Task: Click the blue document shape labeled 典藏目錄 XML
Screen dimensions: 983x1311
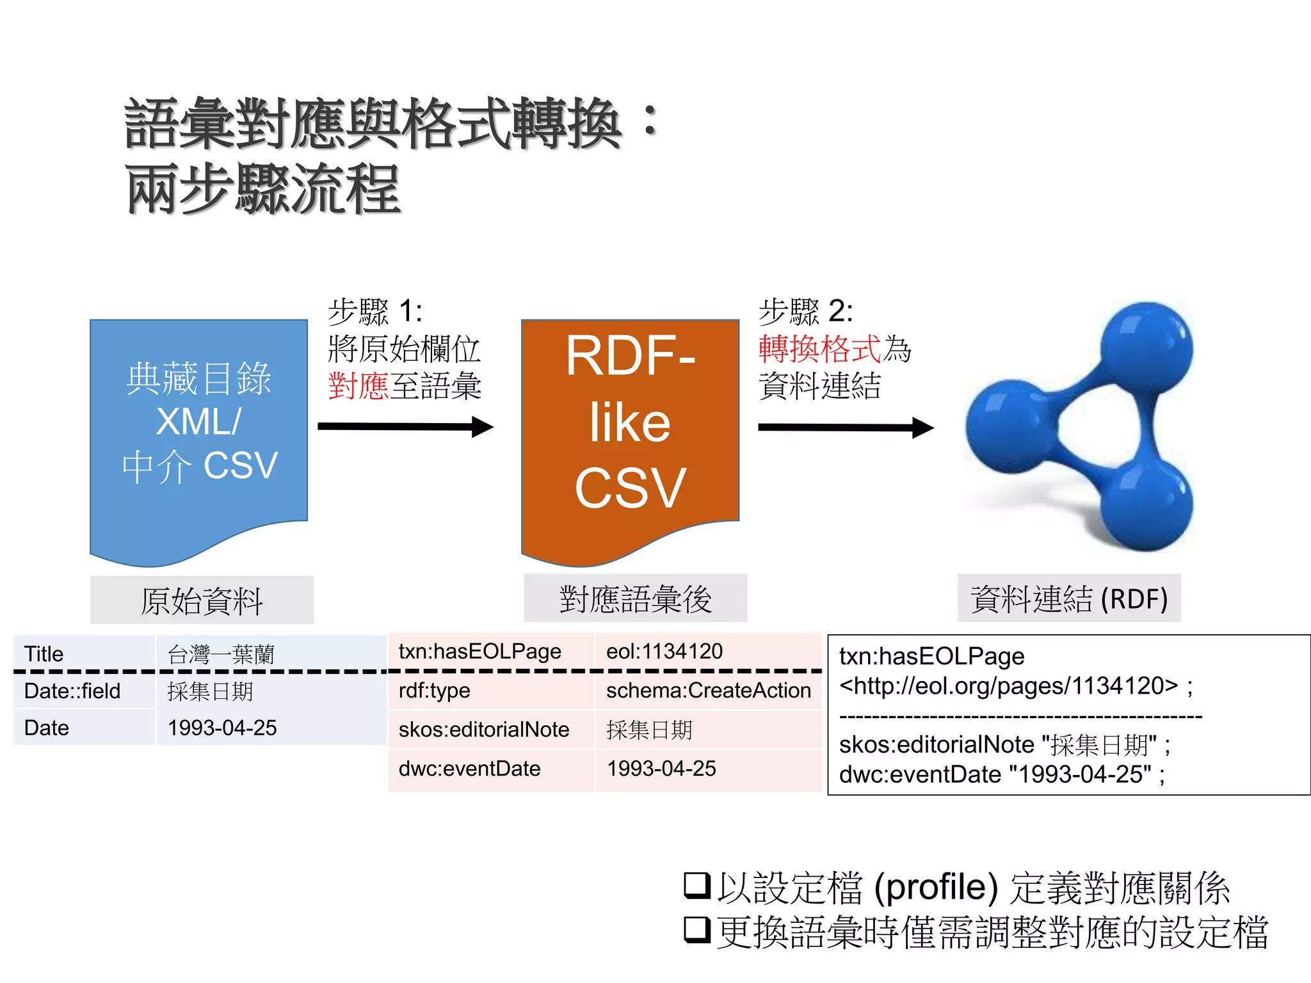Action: [x=198, y=429]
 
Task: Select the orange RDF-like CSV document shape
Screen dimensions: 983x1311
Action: [x=631, y=429]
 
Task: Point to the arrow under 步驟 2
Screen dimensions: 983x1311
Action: [x=846, y=427]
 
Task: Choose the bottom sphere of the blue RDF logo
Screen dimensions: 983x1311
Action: [x=1146, y=506]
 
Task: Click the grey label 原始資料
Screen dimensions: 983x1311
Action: [x=202, y=600]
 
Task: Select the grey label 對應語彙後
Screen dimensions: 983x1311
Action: [x=635, y=599]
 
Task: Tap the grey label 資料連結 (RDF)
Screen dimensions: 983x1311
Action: [x=1069, y=599]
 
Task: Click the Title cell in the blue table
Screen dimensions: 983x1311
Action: [x=83, y=653]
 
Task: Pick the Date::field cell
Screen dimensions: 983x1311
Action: [x=83, y=691]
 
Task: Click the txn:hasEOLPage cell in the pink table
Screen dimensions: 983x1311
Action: [x=490, y=651]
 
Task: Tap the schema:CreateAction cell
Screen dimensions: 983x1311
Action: [x=708, y=691]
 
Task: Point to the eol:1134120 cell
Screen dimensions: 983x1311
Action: [x=708, y=651]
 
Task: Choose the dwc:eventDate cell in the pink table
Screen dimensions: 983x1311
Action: [x=490, y=769]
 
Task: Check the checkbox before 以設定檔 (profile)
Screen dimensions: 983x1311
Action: [x=696, y=885]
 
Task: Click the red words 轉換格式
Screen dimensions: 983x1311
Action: [x=819, y=349]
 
